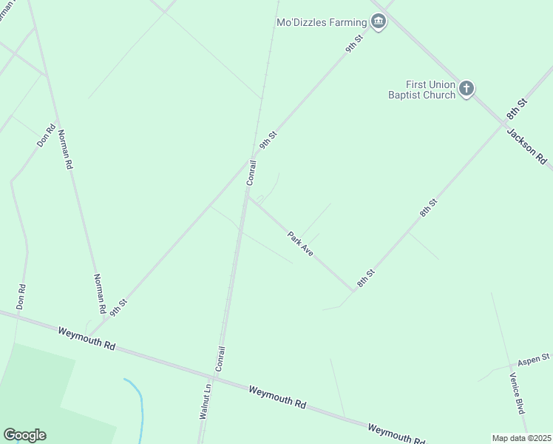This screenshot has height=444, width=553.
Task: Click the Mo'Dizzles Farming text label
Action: pyautogui.click(x=322, y=22)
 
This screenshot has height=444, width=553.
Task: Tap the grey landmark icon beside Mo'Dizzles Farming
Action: pyautogui.click(x=379, y=21)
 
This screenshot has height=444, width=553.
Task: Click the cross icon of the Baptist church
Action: pyautogui.click(x=466, y=89)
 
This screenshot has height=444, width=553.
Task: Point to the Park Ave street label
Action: pyautogui.click(x=301, y=244)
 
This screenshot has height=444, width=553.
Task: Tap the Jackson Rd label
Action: pyautogui.click(x=526, y=146)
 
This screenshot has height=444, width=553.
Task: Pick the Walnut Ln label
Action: pyautogui.click(x=206, y=401)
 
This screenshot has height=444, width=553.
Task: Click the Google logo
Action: pyautogui.click(x=24, y=435)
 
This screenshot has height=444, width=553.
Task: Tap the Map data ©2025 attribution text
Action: pyautogui.click(x=521, y=438)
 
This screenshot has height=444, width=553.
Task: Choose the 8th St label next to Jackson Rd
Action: pyautogui.click(x=516, y=109)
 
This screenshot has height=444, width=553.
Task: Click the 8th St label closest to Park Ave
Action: pyautogui.click(x=366, y=278)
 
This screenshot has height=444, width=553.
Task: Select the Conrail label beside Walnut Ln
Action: pyautogui.click(x=219, y=358)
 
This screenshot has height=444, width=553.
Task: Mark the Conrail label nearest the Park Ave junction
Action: pyautogui.click(x=251, y=172)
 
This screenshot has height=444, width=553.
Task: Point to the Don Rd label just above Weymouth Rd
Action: pyautogui.click(x=21, y=297)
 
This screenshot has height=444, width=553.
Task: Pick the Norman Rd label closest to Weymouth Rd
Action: pyautogui.click(x=98, y=292)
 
